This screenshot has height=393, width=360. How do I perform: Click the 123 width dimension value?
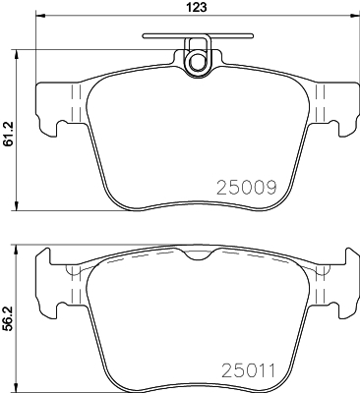coord(198,7)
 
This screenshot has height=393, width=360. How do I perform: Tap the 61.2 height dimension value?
coord(8,134)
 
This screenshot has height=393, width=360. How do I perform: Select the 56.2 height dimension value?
coord(8,318)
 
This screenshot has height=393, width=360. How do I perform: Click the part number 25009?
coord(247,188)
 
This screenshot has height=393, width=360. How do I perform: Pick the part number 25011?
coord(249,370)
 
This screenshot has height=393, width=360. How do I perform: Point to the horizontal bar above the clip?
coord(198,35)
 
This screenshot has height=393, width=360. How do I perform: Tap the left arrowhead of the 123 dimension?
coord(39,15)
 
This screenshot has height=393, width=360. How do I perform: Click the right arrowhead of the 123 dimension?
coord(355,15)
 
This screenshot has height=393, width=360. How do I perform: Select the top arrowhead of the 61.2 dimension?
coord(16,55)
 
